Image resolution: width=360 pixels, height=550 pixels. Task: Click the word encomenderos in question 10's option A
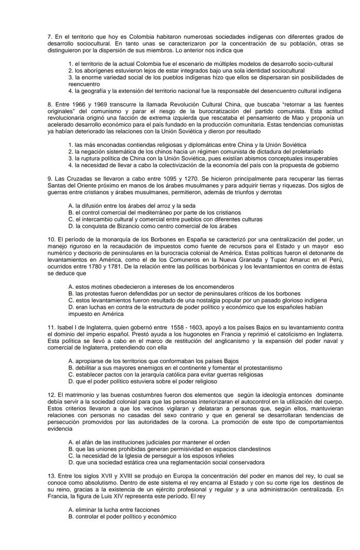tap(213, 287)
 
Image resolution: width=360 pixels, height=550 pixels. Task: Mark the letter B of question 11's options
tap(70, 368)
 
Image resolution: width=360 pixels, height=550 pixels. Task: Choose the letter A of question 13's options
tap(70, 510)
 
